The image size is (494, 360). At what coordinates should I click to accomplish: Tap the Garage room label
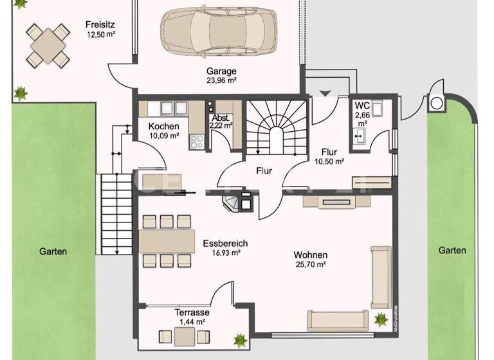click(x=221, y=71)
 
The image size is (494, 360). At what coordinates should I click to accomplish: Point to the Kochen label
click(x=163, y=126)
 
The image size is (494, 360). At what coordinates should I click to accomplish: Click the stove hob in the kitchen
click(x=195, y=141)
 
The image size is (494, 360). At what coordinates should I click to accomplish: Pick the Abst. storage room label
click(x=219, y=118)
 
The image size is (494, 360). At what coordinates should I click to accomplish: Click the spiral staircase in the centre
click(x=269, y=128)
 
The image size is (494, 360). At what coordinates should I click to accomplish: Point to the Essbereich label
click(x=224, y=244)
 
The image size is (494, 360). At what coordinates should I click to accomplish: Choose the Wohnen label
click(x=311, y=254)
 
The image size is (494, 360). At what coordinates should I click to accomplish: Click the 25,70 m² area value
click(x=311, y=264)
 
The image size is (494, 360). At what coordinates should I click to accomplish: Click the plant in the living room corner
click(x=380, y=318)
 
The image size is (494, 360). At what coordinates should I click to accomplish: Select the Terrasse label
click(x=191, y=312)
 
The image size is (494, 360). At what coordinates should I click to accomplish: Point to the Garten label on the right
click(x=452, y=250)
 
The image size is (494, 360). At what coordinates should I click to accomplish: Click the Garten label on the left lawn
click(x=52, y=252)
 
